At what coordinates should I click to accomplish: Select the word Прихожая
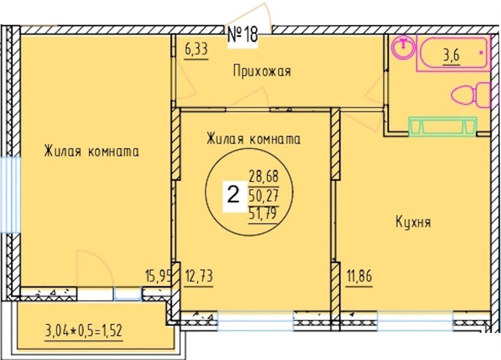point(262,72)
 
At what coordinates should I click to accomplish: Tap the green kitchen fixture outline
point(443,126)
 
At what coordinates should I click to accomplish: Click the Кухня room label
point(413,223)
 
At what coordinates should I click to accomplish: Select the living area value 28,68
point(265,178)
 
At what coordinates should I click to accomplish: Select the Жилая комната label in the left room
point(91,151)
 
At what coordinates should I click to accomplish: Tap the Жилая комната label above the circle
point(253,139)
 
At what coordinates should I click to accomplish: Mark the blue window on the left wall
point(10,193)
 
